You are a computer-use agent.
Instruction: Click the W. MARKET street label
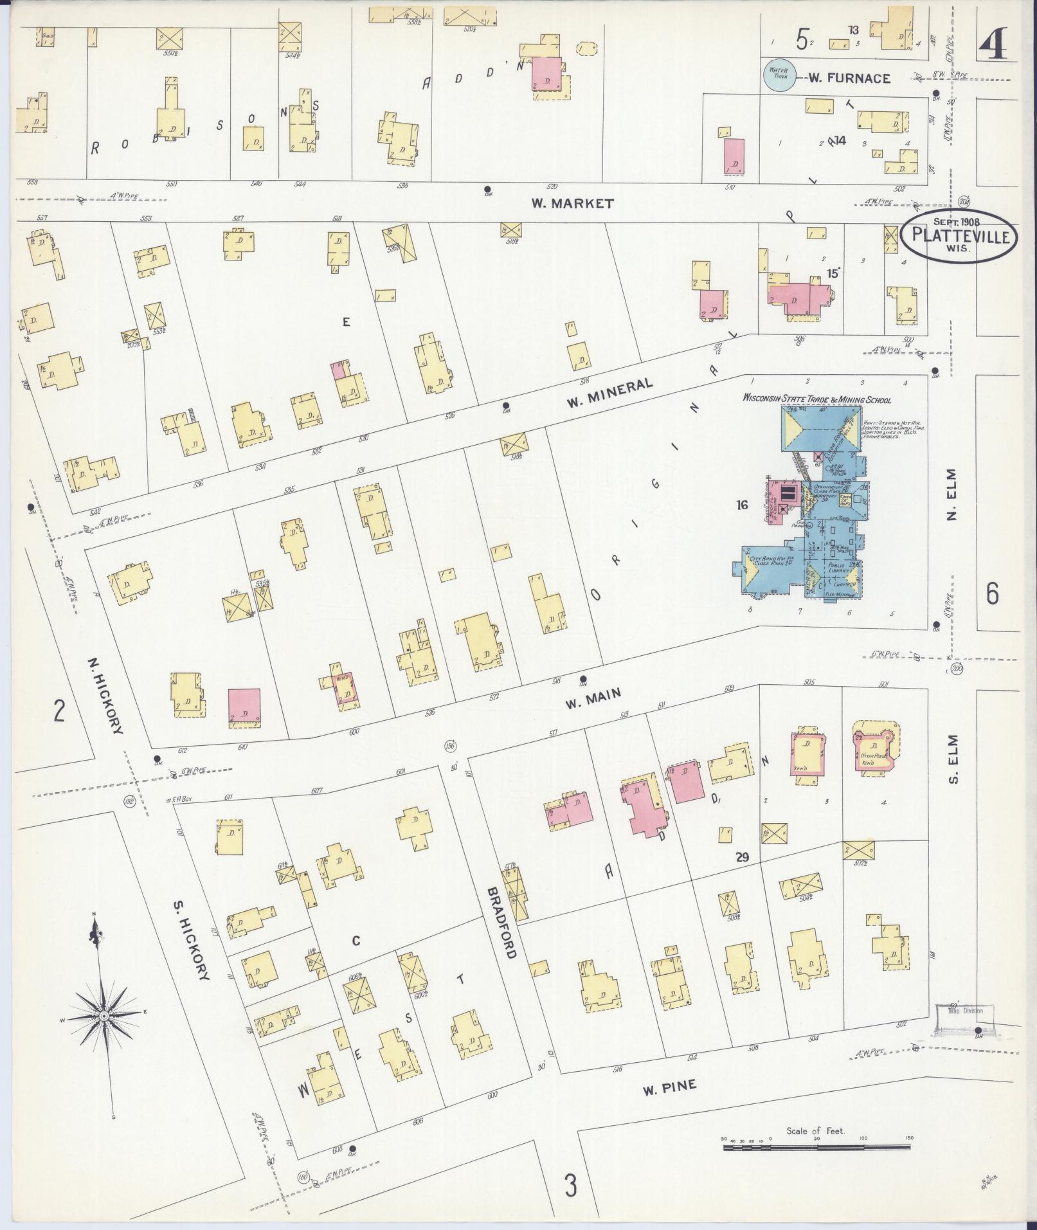coord(572,203)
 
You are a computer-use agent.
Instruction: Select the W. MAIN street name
coord(593,696)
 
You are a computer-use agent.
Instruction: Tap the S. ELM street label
coord(952,759)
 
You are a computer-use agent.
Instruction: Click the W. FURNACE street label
coord(849,78)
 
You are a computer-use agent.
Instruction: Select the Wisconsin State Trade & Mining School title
coord(816,399)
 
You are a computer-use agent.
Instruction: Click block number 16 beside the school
coord(742,505)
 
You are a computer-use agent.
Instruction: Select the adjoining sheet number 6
coord(992,593)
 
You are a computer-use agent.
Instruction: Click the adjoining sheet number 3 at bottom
coord(570,1184)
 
